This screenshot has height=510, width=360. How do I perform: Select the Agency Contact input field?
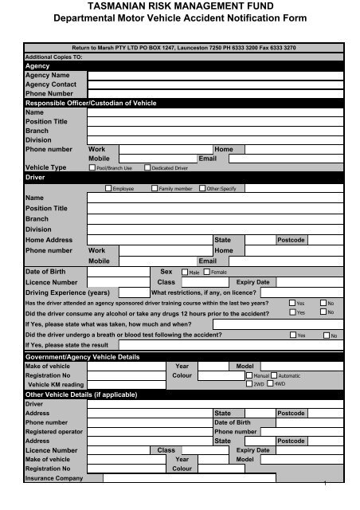[215, 84]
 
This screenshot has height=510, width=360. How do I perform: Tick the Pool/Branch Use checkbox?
[91, 168]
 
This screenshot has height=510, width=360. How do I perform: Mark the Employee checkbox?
[108, 188]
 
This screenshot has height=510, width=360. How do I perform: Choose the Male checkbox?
[185, 273]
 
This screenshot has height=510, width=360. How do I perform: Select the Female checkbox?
[206, 273]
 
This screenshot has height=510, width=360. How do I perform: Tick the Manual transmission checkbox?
[248, 375]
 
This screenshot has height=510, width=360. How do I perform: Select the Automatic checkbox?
[273, 375]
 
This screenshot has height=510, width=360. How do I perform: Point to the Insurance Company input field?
[215, 479]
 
